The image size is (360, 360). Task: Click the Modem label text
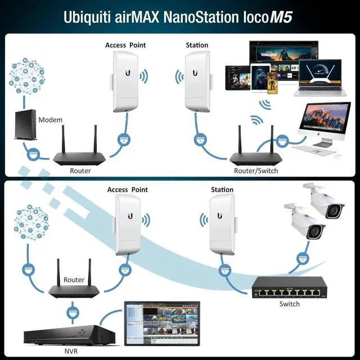click(x=50, y=120)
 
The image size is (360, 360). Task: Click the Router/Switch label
click(x=255, y=170)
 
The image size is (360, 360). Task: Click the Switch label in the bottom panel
click(x=289, y=304)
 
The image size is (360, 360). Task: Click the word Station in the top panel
click(x=197, y=45)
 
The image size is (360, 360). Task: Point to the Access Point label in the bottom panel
click(x=128, y=190)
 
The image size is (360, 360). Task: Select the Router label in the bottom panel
click(x=74, y=280)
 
